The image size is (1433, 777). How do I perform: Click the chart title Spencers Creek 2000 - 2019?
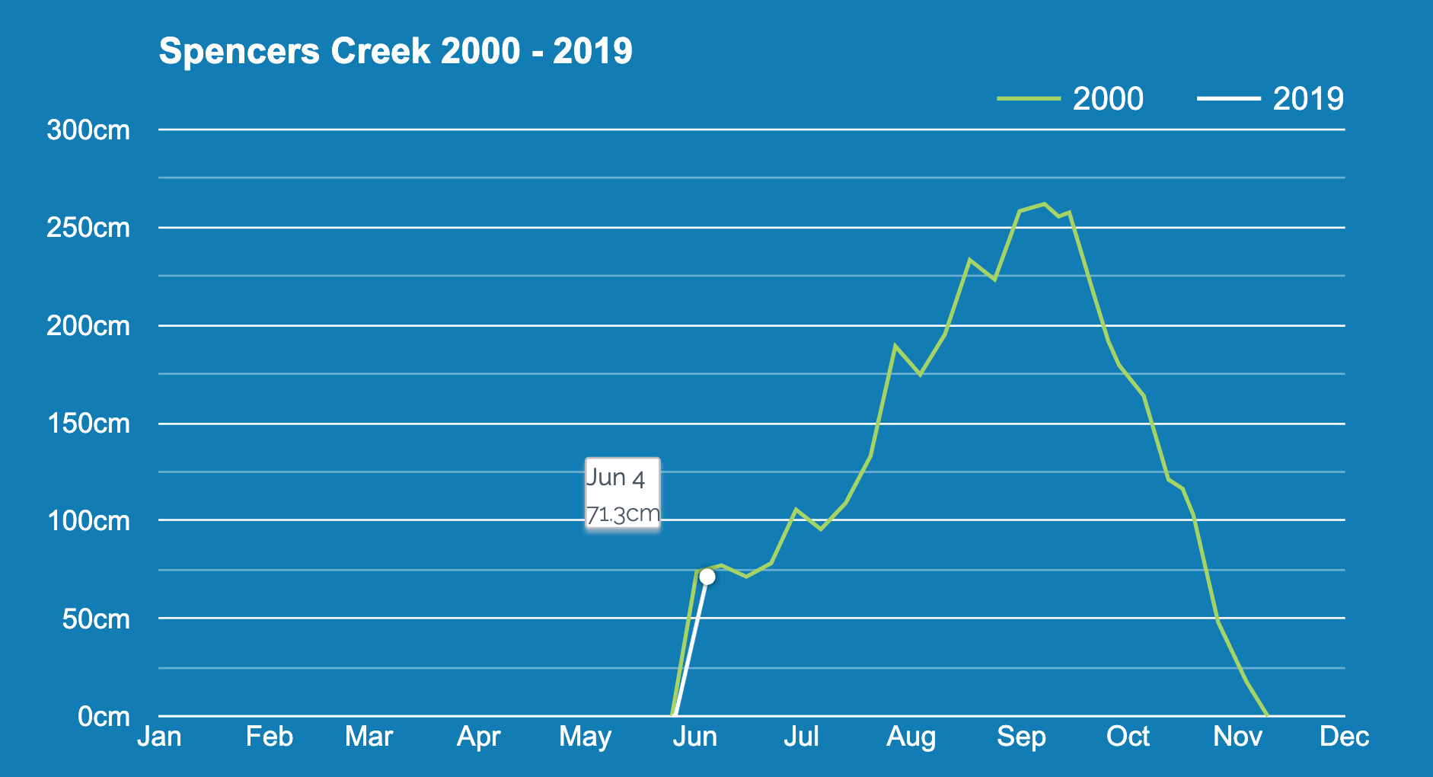pos(395,52)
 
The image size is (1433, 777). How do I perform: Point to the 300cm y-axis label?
pos(88,130)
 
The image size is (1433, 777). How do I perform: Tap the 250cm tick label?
pos(88,228)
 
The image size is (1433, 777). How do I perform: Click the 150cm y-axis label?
pos(88,424)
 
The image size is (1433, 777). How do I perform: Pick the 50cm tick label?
pos(95,619)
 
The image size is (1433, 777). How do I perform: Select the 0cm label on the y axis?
pos(104,717)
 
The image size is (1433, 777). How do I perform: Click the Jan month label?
pos(159,737)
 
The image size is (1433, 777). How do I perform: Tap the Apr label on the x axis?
pos(478,737)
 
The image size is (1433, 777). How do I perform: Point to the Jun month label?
pos(694,737)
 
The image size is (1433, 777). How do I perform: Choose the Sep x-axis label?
pos(1021,737)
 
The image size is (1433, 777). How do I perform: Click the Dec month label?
pos(1344,737)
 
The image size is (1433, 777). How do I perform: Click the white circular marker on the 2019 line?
pos(707,577)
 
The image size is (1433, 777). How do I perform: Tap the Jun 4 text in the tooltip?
pos(615,478)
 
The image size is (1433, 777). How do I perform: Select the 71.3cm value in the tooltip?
pos(622,514)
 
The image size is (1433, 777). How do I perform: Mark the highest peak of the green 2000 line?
pos(1044,204)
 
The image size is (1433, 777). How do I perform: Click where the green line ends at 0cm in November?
pos(1267,715)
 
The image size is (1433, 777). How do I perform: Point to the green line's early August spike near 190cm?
pos(896,346)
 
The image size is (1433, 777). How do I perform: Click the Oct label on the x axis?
pos(1128,737)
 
